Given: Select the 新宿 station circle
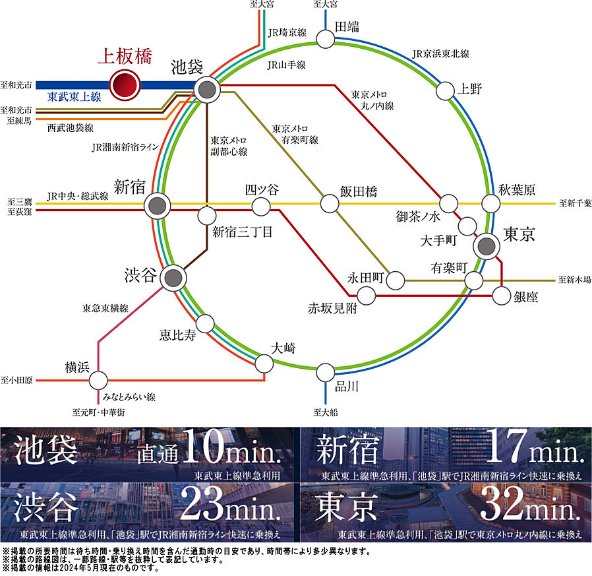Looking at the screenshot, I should point(157,206).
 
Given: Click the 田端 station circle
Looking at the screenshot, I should point(325,39).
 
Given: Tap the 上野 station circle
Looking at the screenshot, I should point(446,90).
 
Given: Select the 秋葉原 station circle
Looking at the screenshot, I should point(491,203).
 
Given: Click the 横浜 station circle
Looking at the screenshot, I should point(98,380).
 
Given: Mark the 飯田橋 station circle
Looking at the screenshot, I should point(329,203).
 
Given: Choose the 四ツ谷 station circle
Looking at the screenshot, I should point(261,207).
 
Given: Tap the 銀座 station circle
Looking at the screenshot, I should point(502,296).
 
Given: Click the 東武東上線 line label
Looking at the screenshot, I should point(74,97).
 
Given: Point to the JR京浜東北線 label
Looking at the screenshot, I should point(440,53).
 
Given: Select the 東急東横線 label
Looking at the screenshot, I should point(105,308).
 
